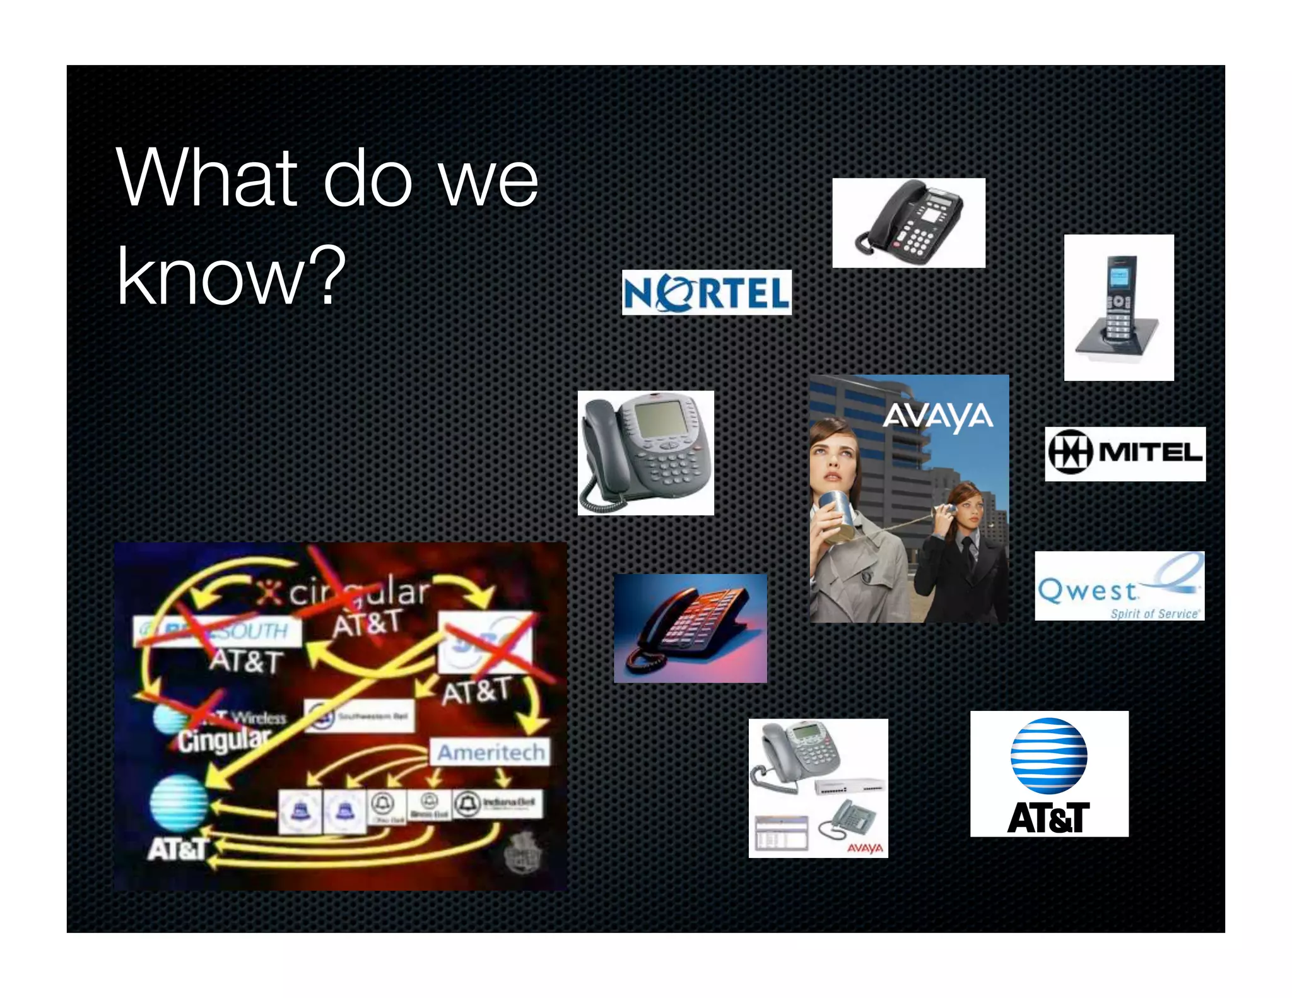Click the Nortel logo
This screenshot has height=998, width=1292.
[x=707, y=293]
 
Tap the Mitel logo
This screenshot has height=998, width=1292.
[x=1125, y=454]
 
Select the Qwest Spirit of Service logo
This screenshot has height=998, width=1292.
[x=1119, y=586]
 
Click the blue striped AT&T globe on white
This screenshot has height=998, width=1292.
[x=1048, y=756]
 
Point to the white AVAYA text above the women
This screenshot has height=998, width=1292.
[x=937, y=416]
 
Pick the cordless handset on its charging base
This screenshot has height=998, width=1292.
[x=1119, y=307]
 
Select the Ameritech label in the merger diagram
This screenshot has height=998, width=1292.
[x=490, y=752]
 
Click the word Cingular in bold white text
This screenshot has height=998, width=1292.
[x=223, y=739]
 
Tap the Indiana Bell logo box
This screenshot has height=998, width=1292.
[x=497, y=803]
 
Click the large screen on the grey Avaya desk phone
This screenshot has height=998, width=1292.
[x=659, y=417]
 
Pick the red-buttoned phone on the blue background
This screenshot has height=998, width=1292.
[x=690, y=628]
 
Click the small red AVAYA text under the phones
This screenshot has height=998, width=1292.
[x=865, y=848]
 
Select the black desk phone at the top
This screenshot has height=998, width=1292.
[x=908, y=223]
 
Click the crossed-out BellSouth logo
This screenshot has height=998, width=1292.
[x=218, y=631]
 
